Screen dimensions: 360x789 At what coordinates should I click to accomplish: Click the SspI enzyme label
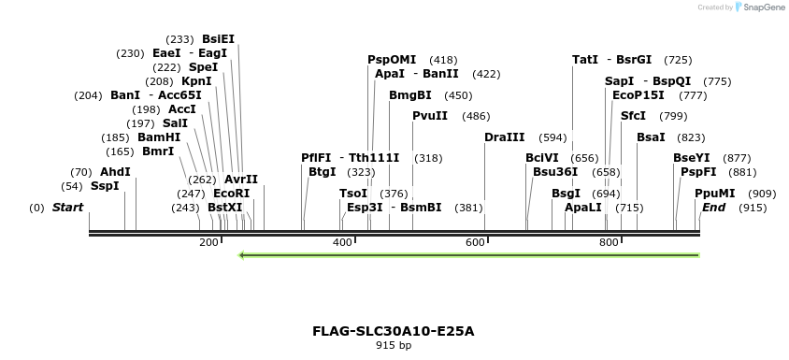pyautogui.click(x=105, y=186)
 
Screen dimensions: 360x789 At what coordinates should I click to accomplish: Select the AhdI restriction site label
pyautogui.click(x=115, y=172)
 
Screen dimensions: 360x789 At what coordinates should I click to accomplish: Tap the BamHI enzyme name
pyautogui.click(x=159, y=137)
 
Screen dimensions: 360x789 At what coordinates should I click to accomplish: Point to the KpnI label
pyautogui.click(x=196, y=81)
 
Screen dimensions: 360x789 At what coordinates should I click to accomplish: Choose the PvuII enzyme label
pyautogui.click(x=430, y=116)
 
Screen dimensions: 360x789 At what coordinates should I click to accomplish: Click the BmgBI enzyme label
pyautogui.click(x=410, y=95)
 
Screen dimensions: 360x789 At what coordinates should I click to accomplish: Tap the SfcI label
pyautogui.click(x=633, y=116)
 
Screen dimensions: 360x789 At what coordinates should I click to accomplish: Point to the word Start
pyautogui.click(x=67, y=208)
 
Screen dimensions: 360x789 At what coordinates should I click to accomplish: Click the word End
pyautogui.click(x=714, y=208)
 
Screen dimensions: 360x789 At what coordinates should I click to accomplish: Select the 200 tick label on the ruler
pyautogui.click(x=208, y=243)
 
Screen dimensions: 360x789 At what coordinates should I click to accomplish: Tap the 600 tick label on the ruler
pyautogui.click(x=474, y=243)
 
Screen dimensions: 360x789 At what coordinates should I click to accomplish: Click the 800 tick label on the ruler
pyautogui.click(x=608, y=243)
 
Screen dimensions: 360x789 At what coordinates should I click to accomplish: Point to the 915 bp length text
pyautogui.click(x=394, y=346)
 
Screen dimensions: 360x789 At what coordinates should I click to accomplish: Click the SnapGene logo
pyautogui.click(x=759, y=7)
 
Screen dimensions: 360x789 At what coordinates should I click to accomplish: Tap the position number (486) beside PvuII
pyautogui.click(x=476, y=116)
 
